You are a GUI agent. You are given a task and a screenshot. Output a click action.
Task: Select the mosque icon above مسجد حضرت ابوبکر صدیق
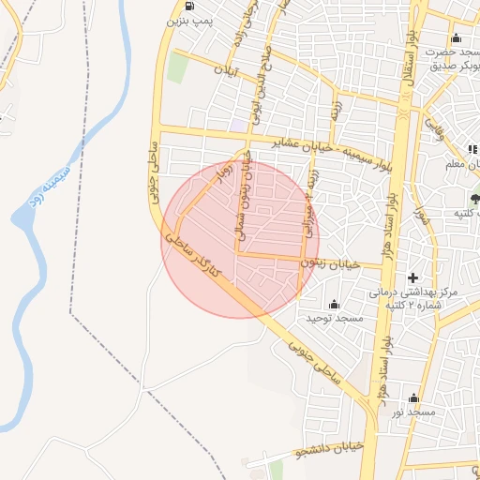(x=456, y=37)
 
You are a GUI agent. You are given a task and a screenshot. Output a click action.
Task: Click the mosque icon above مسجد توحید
(x=334, y=304)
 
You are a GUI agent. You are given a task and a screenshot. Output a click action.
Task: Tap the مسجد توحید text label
(x=334, y=319)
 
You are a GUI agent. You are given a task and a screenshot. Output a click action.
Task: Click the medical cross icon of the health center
(x=413, y=277)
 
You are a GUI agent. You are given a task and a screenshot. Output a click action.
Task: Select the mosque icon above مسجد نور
(x=413, y=397)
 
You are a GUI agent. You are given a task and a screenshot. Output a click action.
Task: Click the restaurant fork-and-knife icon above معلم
(x=472, y=149)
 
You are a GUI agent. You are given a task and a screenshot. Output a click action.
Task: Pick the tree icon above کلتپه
(x=474, y=198)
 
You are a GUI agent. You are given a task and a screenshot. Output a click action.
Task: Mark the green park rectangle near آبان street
(x=177, y=67)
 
